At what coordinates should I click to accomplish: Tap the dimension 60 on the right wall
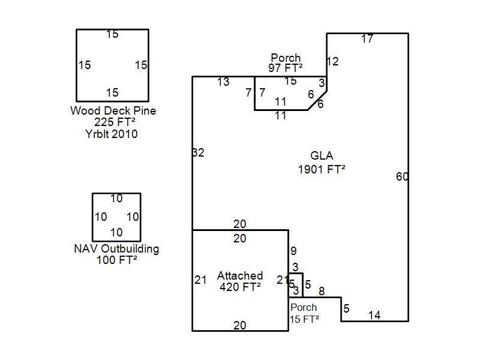pyautogui.click(x=402, y=176)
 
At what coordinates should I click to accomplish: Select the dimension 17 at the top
pyautogui.click(x=367, y=39)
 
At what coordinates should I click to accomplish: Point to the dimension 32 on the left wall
pyautogui.click(x=199, y=153)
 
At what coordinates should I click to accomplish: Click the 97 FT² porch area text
pyautogui.click(x=286, y=68)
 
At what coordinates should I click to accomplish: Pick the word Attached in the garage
pyautogui.click(x=240, y=275)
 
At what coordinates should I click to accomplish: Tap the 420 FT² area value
pyautogui.click(x=240, y=287)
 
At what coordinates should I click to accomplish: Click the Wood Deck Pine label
pyautogui.click(x=113, y=110)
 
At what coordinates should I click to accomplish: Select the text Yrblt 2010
pyautogui.click(x=112, y=134)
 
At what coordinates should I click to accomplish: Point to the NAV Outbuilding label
pyautogui.click(x=116, y=248)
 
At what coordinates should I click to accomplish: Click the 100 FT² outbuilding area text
pyautogui.click(x=116, y=260)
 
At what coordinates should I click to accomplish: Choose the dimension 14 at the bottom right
pyautogui.click(x=374, y=315)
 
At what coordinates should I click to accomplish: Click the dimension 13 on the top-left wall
pyautogui.click(x=223, y=82)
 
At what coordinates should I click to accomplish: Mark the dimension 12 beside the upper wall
pyautogui.click(x=332, y=61)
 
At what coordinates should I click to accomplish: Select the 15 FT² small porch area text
pyautogui.click(x=304, y=319)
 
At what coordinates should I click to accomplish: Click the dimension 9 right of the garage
pyautogui.click(x=293, y=251)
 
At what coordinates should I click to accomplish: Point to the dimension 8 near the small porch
pyautogui.click(x=322, y=292)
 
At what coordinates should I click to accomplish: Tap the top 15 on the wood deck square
pyautogui.click(x=112, y=34)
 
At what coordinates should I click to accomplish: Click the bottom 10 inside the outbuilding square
pyautogui.click(x=116, y=232)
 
